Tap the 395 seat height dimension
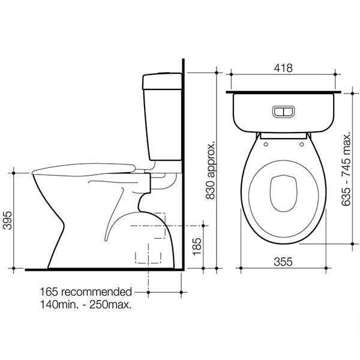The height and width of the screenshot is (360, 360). (x=8, y=221)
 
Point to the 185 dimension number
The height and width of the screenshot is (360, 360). (x=197, y=247)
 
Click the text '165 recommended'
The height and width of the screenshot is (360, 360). (x=86, y=292)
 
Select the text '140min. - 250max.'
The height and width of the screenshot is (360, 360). (x=86, y=304)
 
